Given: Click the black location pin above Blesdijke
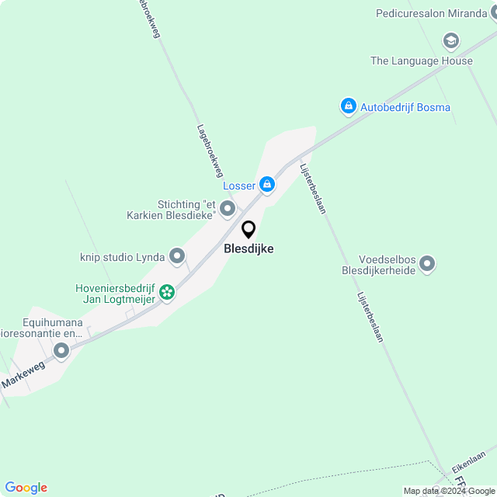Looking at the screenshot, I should coord(248,230).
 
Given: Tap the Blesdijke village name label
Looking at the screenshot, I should coord(248,248).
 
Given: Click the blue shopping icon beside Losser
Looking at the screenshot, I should coord(267,184).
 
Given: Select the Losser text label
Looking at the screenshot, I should coord(239,186).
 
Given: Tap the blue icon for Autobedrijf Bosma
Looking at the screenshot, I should coord(348,106).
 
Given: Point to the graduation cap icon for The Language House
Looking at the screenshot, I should coord(450,40).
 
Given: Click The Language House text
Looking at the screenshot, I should coord(422,61).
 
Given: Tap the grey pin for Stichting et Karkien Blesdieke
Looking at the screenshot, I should coord(227,208).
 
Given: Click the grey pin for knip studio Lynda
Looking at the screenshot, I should coord(177,255).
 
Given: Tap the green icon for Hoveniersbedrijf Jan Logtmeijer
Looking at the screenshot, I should coord(166,293).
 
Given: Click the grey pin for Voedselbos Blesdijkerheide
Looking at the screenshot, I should coord(427,266).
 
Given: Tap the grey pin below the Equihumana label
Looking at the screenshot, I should coord(61,352).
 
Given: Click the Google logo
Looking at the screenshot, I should coord(26,488).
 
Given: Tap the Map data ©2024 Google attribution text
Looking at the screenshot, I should coord(449,491).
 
